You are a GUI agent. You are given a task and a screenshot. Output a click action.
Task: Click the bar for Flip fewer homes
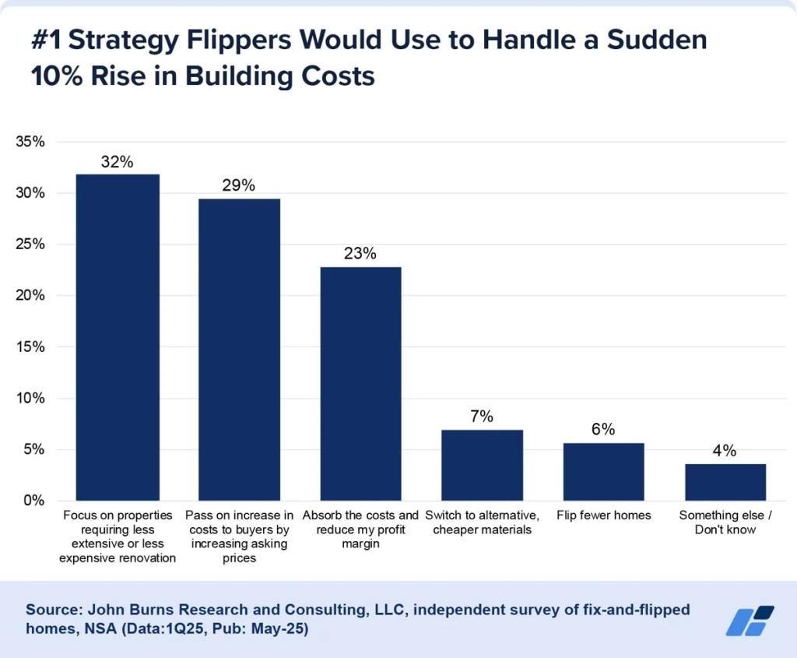[603, 472]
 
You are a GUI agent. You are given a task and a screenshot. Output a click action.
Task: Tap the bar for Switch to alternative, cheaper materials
[482, 465]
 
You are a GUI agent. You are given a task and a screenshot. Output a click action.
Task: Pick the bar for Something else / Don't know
[725, 482]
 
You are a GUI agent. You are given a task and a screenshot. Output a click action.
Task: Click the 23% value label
[360, 254]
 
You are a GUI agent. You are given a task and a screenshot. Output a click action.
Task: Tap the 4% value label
[725, 451]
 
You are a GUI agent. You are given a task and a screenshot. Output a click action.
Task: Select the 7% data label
[482, 417]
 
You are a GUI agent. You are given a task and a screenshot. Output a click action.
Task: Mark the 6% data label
[603, 430]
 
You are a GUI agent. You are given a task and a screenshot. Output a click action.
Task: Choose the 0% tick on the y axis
[34, 501]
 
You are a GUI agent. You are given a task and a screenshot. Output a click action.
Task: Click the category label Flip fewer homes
[603, 515]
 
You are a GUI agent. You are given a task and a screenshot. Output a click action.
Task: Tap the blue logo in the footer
[750, 620]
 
